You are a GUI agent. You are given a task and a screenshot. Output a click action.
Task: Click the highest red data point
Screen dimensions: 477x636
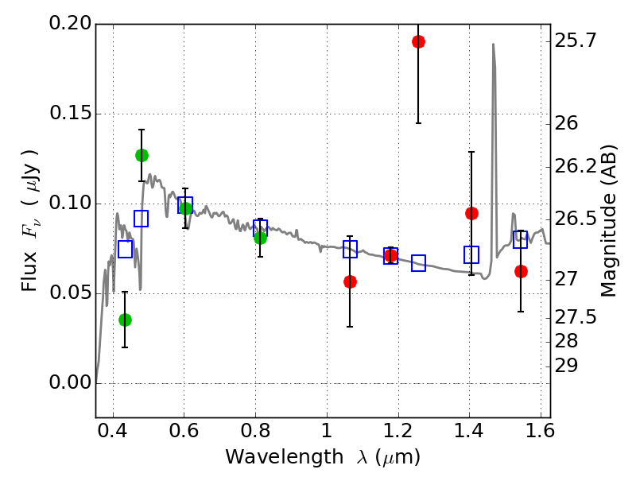point(418,41)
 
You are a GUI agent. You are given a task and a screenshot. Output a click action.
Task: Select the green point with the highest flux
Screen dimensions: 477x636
point(142,155)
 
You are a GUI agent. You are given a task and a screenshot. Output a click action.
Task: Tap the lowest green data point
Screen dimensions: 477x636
point(125,320)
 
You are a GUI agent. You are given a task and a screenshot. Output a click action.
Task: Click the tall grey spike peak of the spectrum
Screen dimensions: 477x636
point(493,45)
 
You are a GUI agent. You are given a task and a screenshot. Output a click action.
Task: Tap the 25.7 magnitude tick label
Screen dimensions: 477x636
point(578,41)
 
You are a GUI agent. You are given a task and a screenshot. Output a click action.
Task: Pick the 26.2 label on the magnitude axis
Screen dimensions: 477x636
point(578,167)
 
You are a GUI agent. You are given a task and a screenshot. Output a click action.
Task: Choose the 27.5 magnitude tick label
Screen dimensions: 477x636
point(578,318)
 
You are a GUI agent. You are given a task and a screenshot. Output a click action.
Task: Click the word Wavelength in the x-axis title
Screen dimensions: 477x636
point(272,457)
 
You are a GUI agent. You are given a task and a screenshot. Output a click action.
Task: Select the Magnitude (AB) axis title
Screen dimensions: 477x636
point(609,220)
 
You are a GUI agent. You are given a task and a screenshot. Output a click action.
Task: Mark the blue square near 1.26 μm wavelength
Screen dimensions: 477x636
point(418,263)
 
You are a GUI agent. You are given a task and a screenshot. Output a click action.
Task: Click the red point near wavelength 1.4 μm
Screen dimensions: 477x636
point(471,213)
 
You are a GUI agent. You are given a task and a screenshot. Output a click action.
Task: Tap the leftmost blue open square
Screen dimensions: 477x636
point(125,249)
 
